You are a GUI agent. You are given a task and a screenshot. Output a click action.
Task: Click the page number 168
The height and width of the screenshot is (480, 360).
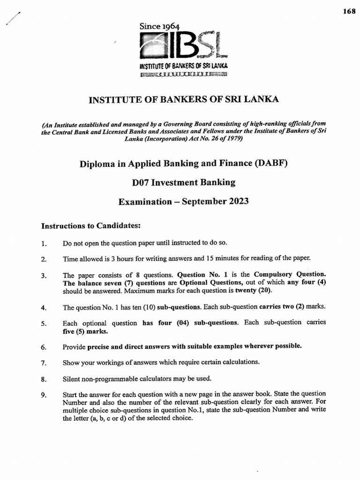[349, 12]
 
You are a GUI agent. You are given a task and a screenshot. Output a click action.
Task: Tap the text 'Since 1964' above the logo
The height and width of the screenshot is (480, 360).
[159, 27]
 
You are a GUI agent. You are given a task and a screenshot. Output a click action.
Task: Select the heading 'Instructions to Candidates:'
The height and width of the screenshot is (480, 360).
[91, 226]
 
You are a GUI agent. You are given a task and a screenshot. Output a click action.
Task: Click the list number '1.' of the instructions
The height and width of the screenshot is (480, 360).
[44, 243]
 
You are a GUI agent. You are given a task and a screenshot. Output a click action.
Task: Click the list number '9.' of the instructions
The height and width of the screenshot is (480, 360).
[44, 395]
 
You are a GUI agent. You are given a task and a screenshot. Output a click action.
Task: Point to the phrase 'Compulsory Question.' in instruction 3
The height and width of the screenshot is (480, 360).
[290, 274]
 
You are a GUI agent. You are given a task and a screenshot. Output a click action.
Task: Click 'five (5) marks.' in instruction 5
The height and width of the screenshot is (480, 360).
[85, 331]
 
